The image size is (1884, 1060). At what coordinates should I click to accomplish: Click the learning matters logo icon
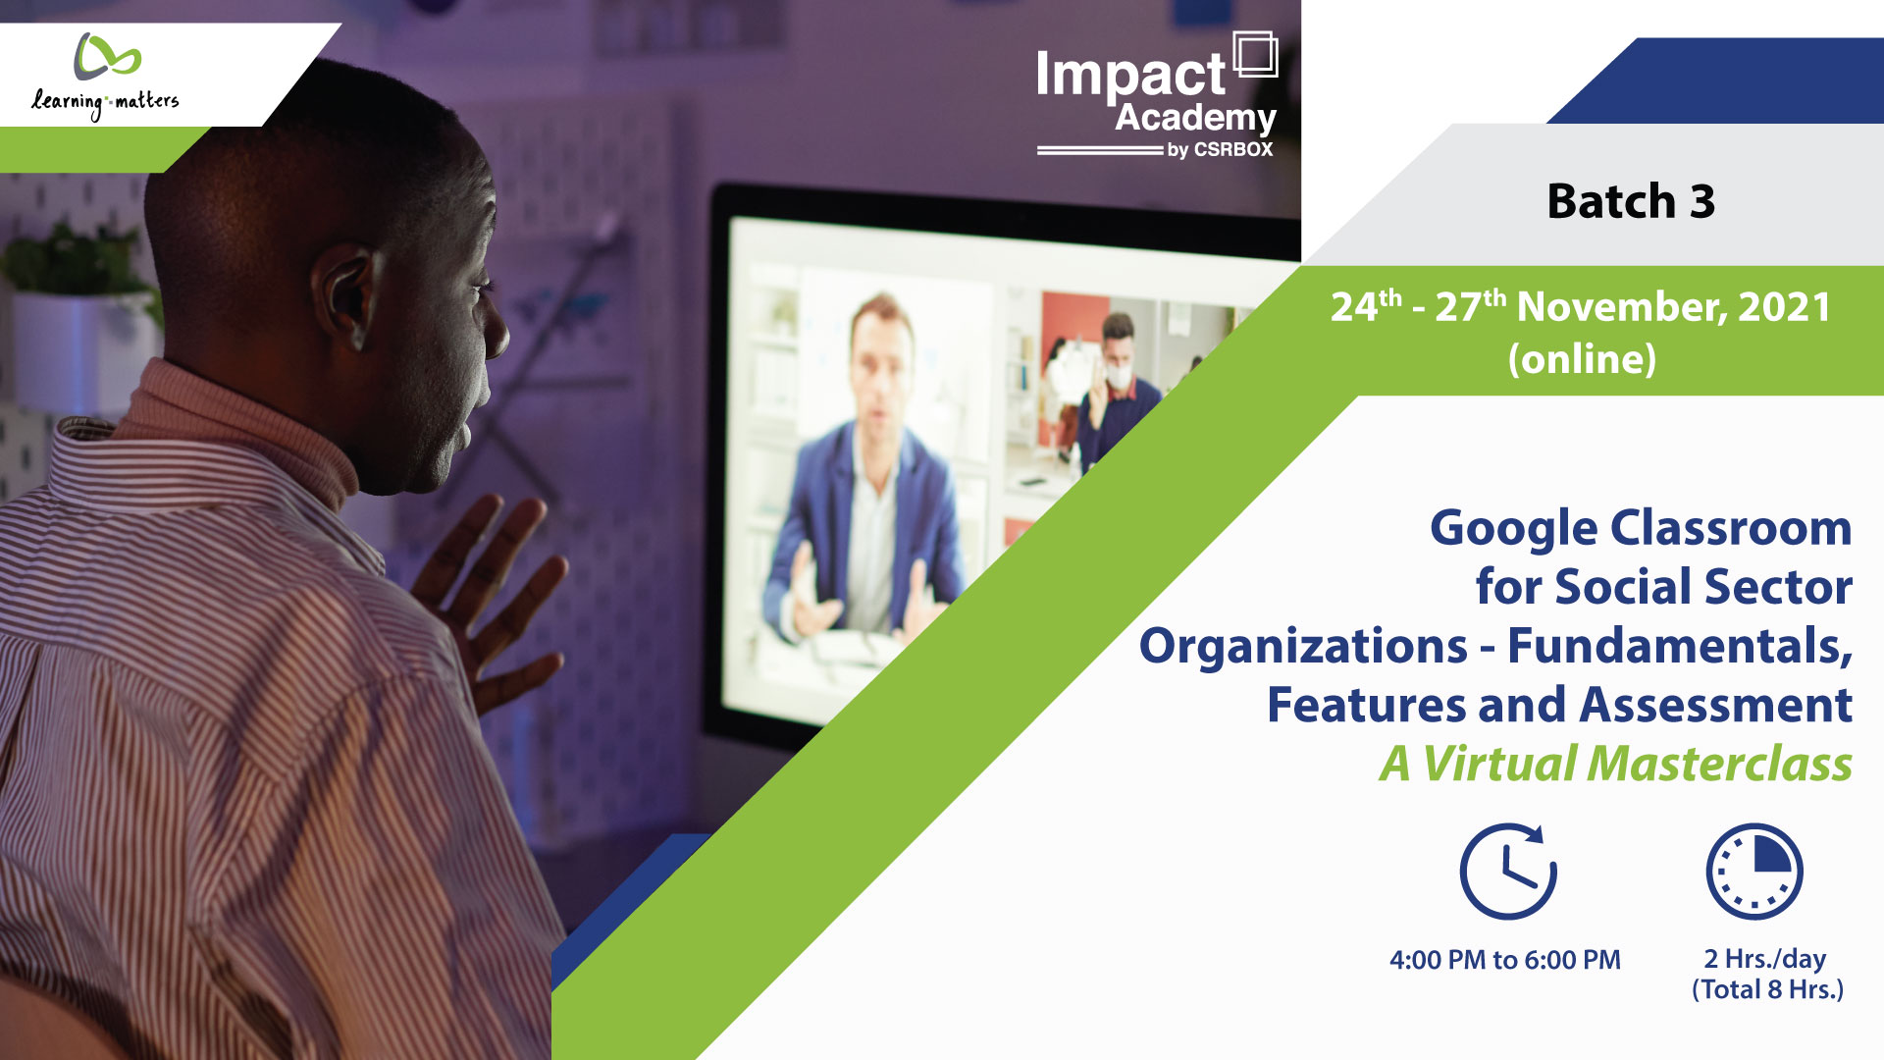coord(107,57)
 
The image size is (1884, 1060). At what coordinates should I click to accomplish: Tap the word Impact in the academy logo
coord(1130,76)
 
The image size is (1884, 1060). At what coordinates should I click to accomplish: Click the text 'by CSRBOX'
coord(1220,150)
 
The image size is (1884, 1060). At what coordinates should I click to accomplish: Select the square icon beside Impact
coord(1255,54)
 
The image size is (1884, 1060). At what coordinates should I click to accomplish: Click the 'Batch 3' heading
coord(1631,201)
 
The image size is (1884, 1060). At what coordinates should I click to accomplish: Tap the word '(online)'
coord(1582,359)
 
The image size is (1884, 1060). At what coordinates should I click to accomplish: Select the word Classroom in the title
coord(1731,528)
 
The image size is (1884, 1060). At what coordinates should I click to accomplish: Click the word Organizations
coord(1303,646)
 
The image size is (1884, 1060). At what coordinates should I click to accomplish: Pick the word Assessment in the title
coord(1716,705)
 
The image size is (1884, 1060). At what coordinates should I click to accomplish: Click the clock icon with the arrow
coord(1508,872)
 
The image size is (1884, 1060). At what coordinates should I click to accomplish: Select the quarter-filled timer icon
coord(1754,872)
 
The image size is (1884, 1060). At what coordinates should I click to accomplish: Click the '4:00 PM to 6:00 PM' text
coord(1505,960)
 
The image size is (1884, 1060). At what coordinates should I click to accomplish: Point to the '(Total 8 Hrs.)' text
coord(1767,989)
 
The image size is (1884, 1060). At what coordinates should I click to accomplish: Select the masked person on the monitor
coord(1115,393)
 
